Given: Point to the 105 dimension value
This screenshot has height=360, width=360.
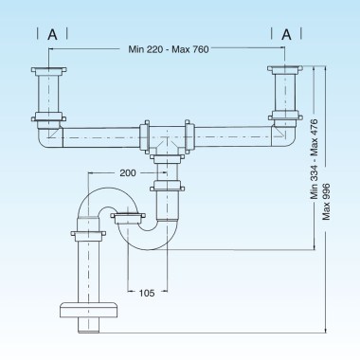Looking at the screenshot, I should (x=147, y=292).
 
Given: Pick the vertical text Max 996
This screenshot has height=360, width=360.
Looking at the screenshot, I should (x=326, y=202).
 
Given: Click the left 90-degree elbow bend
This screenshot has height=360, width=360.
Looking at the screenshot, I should (x=49, y=136).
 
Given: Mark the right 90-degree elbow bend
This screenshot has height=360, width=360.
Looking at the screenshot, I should (x=281, y=136).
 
